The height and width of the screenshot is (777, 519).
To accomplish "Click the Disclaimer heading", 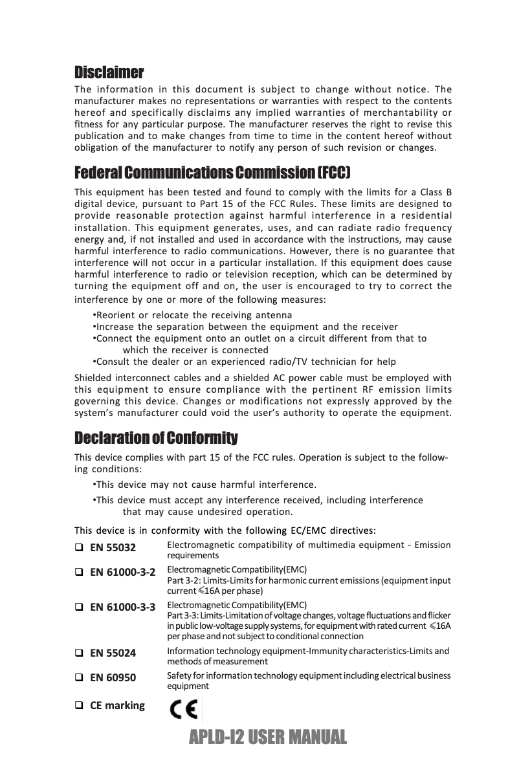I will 109,71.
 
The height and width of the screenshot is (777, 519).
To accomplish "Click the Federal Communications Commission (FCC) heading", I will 212,173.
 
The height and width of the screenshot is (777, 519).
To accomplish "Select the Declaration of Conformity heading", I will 156,439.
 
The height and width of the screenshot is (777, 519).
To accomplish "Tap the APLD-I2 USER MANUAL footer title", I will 265,736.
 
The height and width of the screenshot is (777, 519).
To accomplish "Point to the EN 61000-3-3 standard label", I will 122,607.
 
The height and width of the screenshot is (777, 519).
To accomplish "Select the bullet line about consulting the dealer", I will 244,361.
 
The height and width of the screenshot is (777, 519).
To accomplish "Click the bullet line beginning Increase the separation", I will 245,327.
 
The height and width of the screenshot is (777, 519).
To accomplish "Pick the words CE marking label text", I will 117,705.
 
